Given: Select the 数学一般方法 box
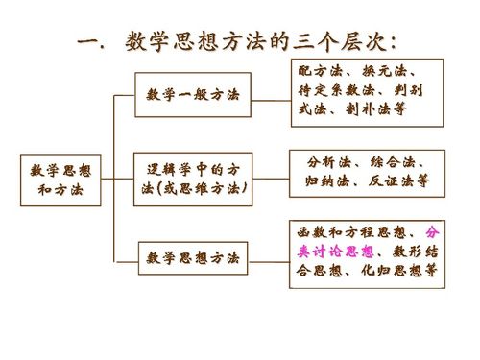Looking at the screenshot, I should (193, 97).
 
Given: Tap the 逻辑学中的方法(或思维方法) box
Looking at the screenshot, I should (193, 180).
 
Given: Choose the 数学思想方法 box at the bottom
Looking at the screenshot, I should (193, 258).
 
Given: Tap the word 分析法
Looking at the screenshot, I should (326, 160).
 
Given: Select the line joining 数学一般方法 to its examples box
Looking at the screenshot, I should (270, 97).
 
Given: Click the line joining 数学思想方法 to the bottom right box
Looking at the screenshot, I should (270, 258).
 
